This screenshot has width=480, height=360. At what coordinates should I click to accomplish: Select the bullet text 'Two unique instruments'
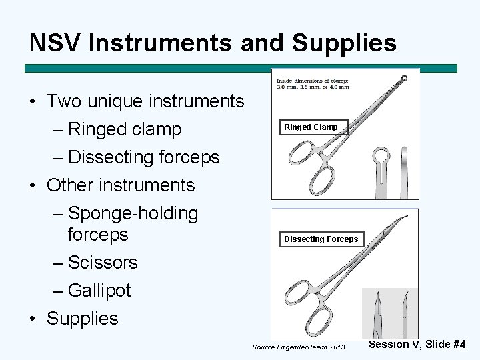(145, 101)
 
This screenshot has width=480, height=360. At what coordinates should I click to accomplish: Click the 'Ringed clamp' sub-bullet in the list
(125, 129)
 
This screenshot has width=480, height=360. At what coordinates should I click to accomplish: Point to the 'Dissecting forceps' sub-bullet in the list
(143, 157)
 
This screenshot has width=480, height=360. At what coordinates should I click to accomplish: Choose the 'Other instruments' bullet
(121, 185)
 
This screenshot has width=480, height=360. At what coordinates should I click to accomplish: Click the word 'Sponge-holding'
(133, 213)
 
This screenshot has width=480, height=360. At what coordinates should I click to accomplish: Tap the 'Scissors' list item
(103, 263)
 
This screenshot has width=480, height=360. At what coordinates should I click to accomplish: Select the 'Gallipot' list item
(99, 291)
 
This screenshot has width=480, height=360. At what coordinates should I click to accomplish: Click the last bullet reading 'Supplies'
(82, 319)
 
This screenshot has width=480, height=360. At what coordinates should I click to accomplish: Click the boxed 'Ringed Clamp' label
(311, 127)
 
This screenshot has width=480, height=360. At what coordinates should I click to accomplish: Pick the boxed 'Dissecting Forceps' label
(321, 239)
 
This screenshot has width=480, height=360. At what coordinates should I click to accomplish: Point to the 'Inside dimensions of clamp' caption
(313, 84)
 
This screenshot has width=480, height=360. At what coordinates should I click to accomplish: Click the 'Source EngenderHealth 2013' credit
(299, 347)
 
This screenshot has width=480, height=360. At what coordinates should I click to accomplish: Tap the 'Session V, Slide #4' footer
(417, 345)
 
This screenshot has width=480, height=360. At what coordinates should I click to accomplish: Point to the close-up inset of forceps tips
(390, 313)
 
